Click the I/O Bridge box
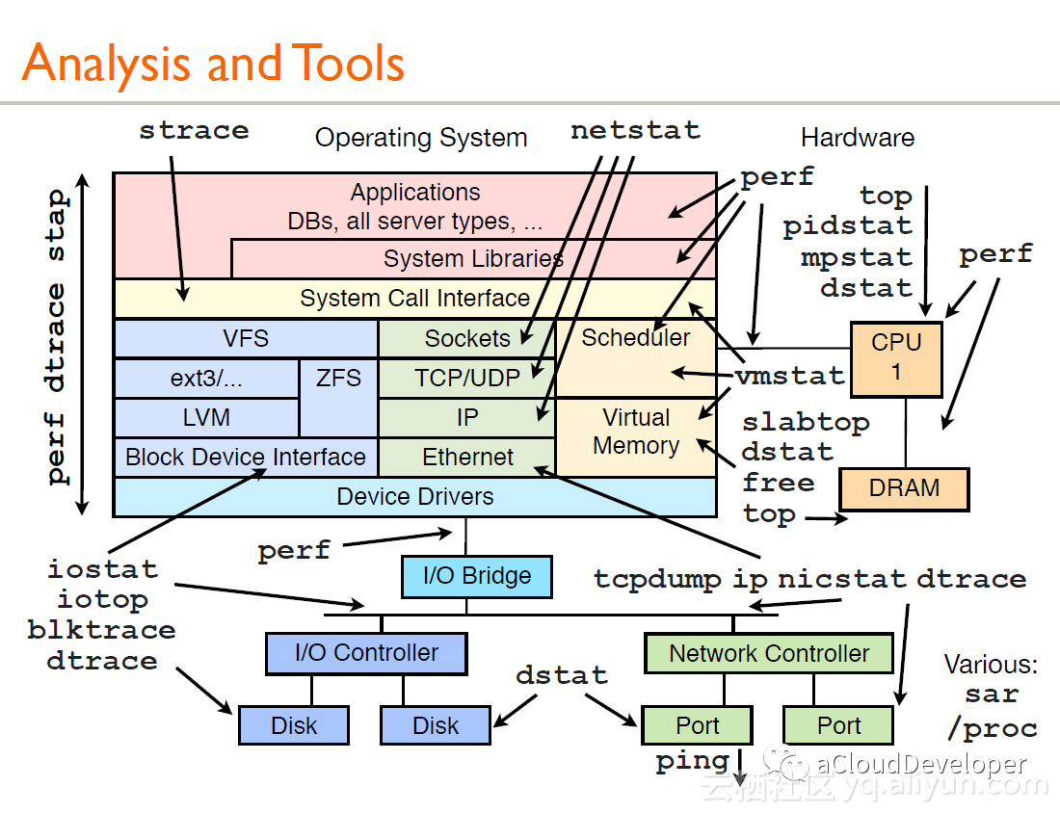click(477, 576)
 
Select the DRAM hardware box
click(904, 488)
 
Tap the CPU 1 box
click(896, 358)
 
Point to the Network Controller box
click(769, 653)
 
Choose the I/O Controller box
click(366, 653)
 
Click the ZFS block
click(338, 398)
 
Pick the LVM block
click(206, 418)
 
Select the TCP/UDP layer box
click(466, 378)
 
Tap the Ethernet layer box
click(466, 458)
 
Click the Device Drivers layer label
click(415, 497)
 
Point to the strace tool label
click(194, 130)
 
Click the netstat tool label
click(635, 130)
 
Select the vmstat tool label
click(790, 375)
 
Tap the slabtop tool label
click(806, 423)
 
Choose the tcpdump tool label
click(658, 580)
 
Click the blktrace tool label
click(101, 630)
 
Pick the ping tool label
click(693, 762)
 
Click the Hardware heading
click(858, 138)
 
